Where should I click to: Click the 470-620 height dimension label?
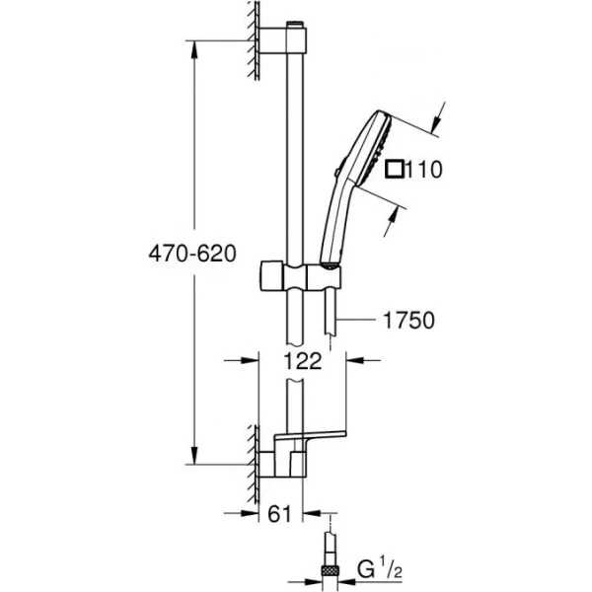click(192, 254)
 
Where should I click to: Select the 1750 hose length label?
click(408, 320)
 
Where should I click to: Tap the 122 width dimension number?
click(303, 361)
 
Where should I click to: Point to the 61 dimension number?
click(280, 513)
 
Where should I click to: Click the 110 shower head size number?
click(424, 169)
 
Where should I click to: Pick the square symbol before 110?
click(395, 169)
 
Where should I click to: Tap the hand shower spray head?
click(368, 148)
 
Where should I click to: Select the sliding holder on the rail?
click(301, 277)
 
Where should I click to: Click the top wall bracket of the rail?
click(282, 39)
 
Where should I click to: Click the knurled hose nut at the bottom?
click(331, 569)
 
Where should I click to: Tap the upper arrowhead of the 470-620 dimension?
click(194, 49)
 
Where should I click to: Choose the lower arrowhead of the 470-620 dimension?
click(194, 455)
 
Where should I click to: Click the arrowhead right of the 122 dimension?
click(355, 360)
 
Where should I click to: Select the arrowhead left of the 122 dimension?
click(250, 360)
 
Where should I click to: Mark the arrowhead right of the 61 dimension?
click(312, 513)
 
